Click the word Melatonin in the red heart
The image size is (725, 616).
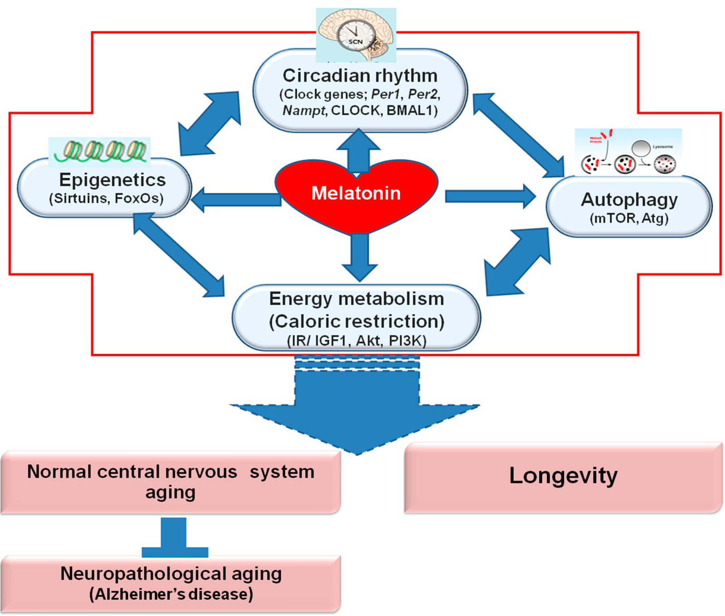(356, 193)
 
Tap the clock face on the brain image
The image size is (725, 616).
(356, 35)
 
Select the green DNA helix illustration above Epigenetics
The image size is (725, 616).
(100, 151)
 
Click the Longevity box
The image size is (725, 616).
(563, 477)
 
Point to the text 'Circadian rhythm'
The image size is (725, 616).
(360, 76)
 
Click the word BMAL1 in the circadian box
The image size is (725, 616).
(409, 111)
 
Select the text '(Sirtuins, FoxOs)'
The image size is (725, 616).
(106, 198)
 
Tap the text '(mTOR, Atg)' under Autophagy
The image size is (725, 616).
(629, 219)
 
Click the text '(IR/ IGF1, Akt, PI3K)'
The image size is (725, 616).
(357, 341)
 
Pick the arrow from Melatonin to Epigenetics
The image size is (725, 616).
(236, 200)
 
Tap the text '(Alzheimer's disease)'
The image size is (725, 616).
(171, 594)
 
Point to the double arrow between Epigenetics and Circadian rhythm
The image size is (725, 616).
(209, 123)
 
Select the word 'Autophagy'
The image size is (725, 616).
(629, 200)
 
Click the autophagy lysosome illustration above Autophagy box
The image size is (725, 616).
(628, 152)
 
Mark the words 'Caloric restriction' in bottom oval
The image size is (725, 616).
(357, 322)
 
